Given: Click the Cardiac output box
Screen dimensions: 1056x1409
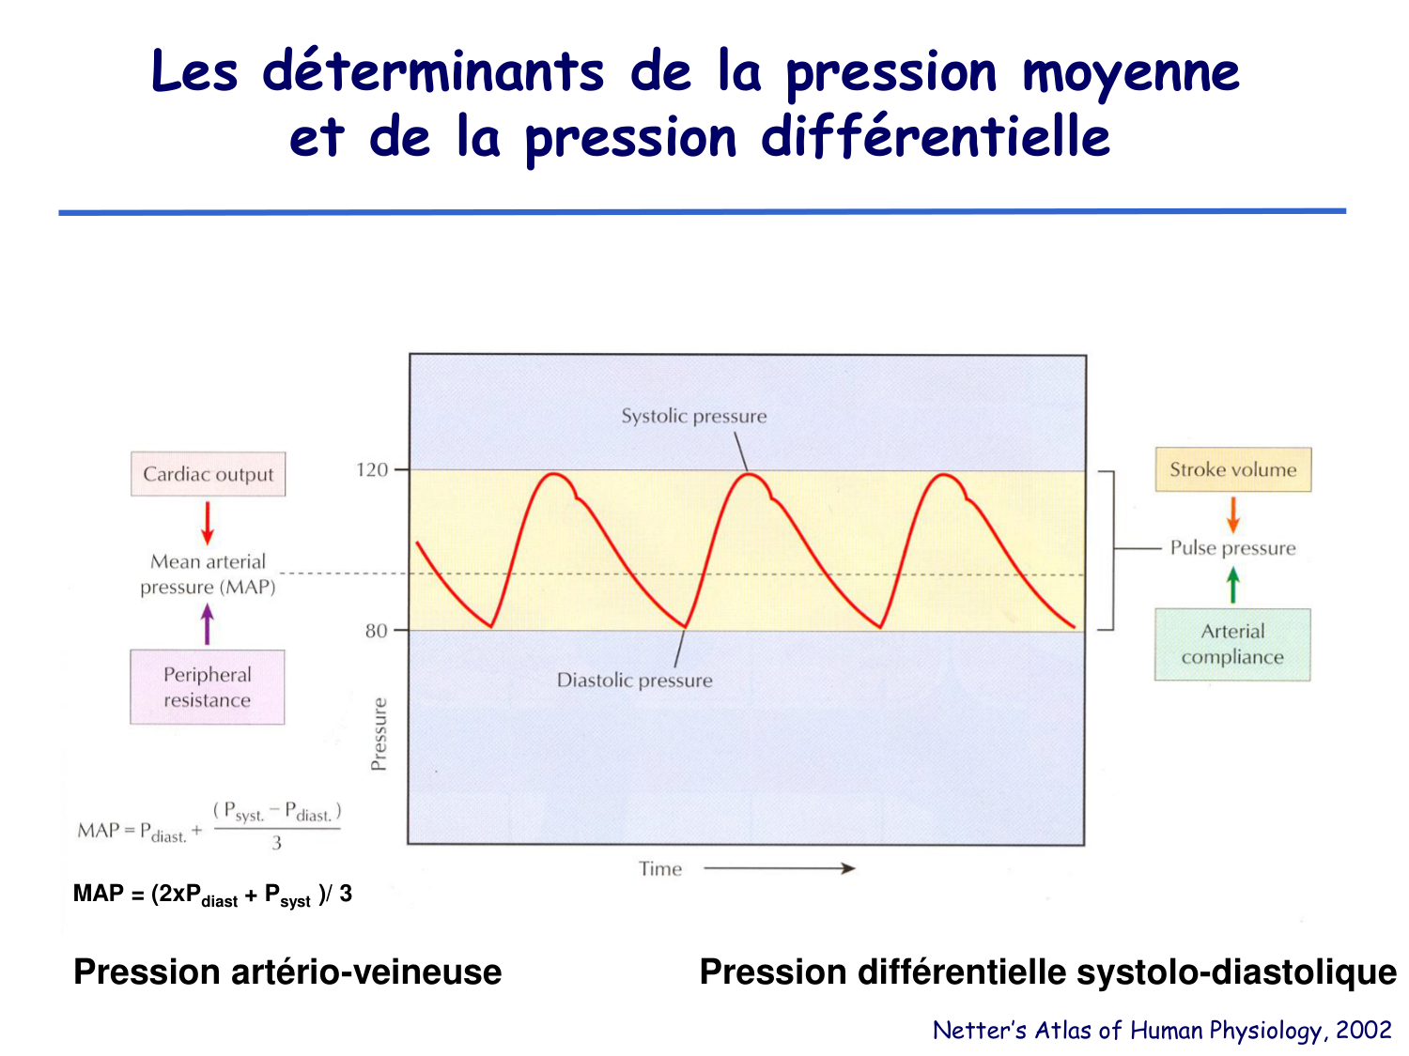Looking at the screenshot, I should (208, 474).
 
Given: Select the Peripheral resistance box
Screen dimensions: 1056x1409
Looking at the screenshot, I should (208, 687).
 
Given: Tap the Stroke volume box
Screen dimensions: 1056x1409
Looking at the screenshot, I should (1232, 469).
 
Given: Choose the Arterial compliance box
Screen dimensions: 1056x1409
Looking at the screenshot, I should (1232, 644).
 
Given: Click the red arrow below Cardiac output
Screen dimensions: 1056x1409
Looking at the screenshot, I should (208, 523).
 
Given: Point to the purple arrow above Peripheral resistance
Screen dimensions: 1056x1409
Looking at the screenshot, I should (208, 624).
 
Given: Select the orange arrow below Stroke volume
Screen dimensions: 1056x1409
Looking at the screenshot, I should (1232, 514).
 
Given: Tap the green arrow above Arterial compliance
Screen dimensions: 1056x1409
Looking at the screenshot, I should (1232, 586).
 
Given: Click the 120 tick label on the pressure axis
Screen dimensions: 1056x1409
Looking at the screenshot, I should (372, 469).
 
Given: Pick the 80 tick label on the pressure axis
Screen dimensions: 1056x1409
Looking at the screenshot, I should (376, 631).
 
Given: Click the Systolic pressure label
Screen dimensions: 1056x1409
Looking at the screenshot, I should (693, 416).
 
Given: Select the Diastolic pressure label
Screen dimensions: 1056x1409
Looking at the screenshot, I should (634, 681).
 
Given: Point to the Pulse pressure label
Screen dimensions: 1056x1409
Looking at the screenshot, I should (1232, 548).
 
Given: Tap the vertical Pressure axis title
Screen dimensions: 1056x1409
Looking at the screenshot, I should (379, 734).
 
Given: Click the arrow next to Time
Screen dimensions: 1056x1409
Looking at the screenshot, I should (779, 868).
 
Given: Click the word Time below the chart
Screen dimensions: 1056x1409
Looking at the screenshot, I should (660, 869).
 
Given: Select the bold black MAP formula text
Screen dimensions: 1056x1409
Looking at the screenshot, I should (212, 895).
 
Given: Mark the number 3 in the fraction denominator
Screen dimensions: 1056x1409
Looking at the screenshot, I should (276, 843).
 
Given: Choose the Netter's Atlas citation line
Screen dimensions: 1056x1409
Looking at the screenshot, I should (1161, 1031).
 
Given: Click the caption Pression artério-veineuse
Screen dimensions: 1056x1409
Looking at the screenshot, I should (287, 972).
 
